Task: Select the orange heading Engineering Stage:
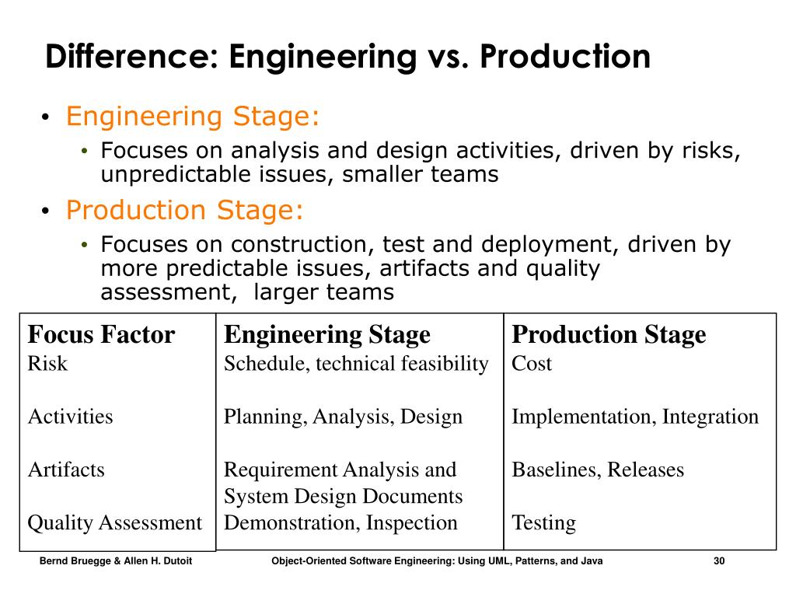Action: click(193, 117)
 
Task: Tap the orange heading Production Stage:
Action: click(186, 210)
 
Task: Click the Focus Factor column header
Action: click(101, 335)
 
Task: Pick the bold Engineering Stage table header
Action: click(327, 335)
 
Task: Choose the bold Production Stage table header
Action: click(609, 335)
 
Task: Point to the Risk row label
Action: click(47, 363)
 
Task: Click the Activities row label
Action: click(71, 417)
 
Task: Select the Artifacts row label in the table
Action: click(66, 470)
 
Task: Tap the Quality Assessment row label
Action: click(115, 522)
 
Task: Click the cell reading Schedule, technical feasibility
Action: click(356, 363)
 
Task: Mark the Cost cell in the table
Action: click(532, 363)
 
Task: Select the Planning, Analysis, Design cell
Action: click(343, 417)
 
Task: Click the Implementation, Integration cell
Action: click(634, 417)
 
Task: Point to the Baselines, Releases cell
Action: click(598, 470)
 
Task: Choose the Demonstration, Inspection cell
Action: click(340, 522)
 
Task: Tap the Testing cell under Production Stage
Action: click(543, 522)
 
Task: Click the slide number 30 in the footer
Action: click(718, 561)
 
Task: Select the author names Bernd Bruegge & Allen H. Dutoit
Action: click(116, 561)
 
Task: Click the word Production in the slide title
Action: click(564, 58)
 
